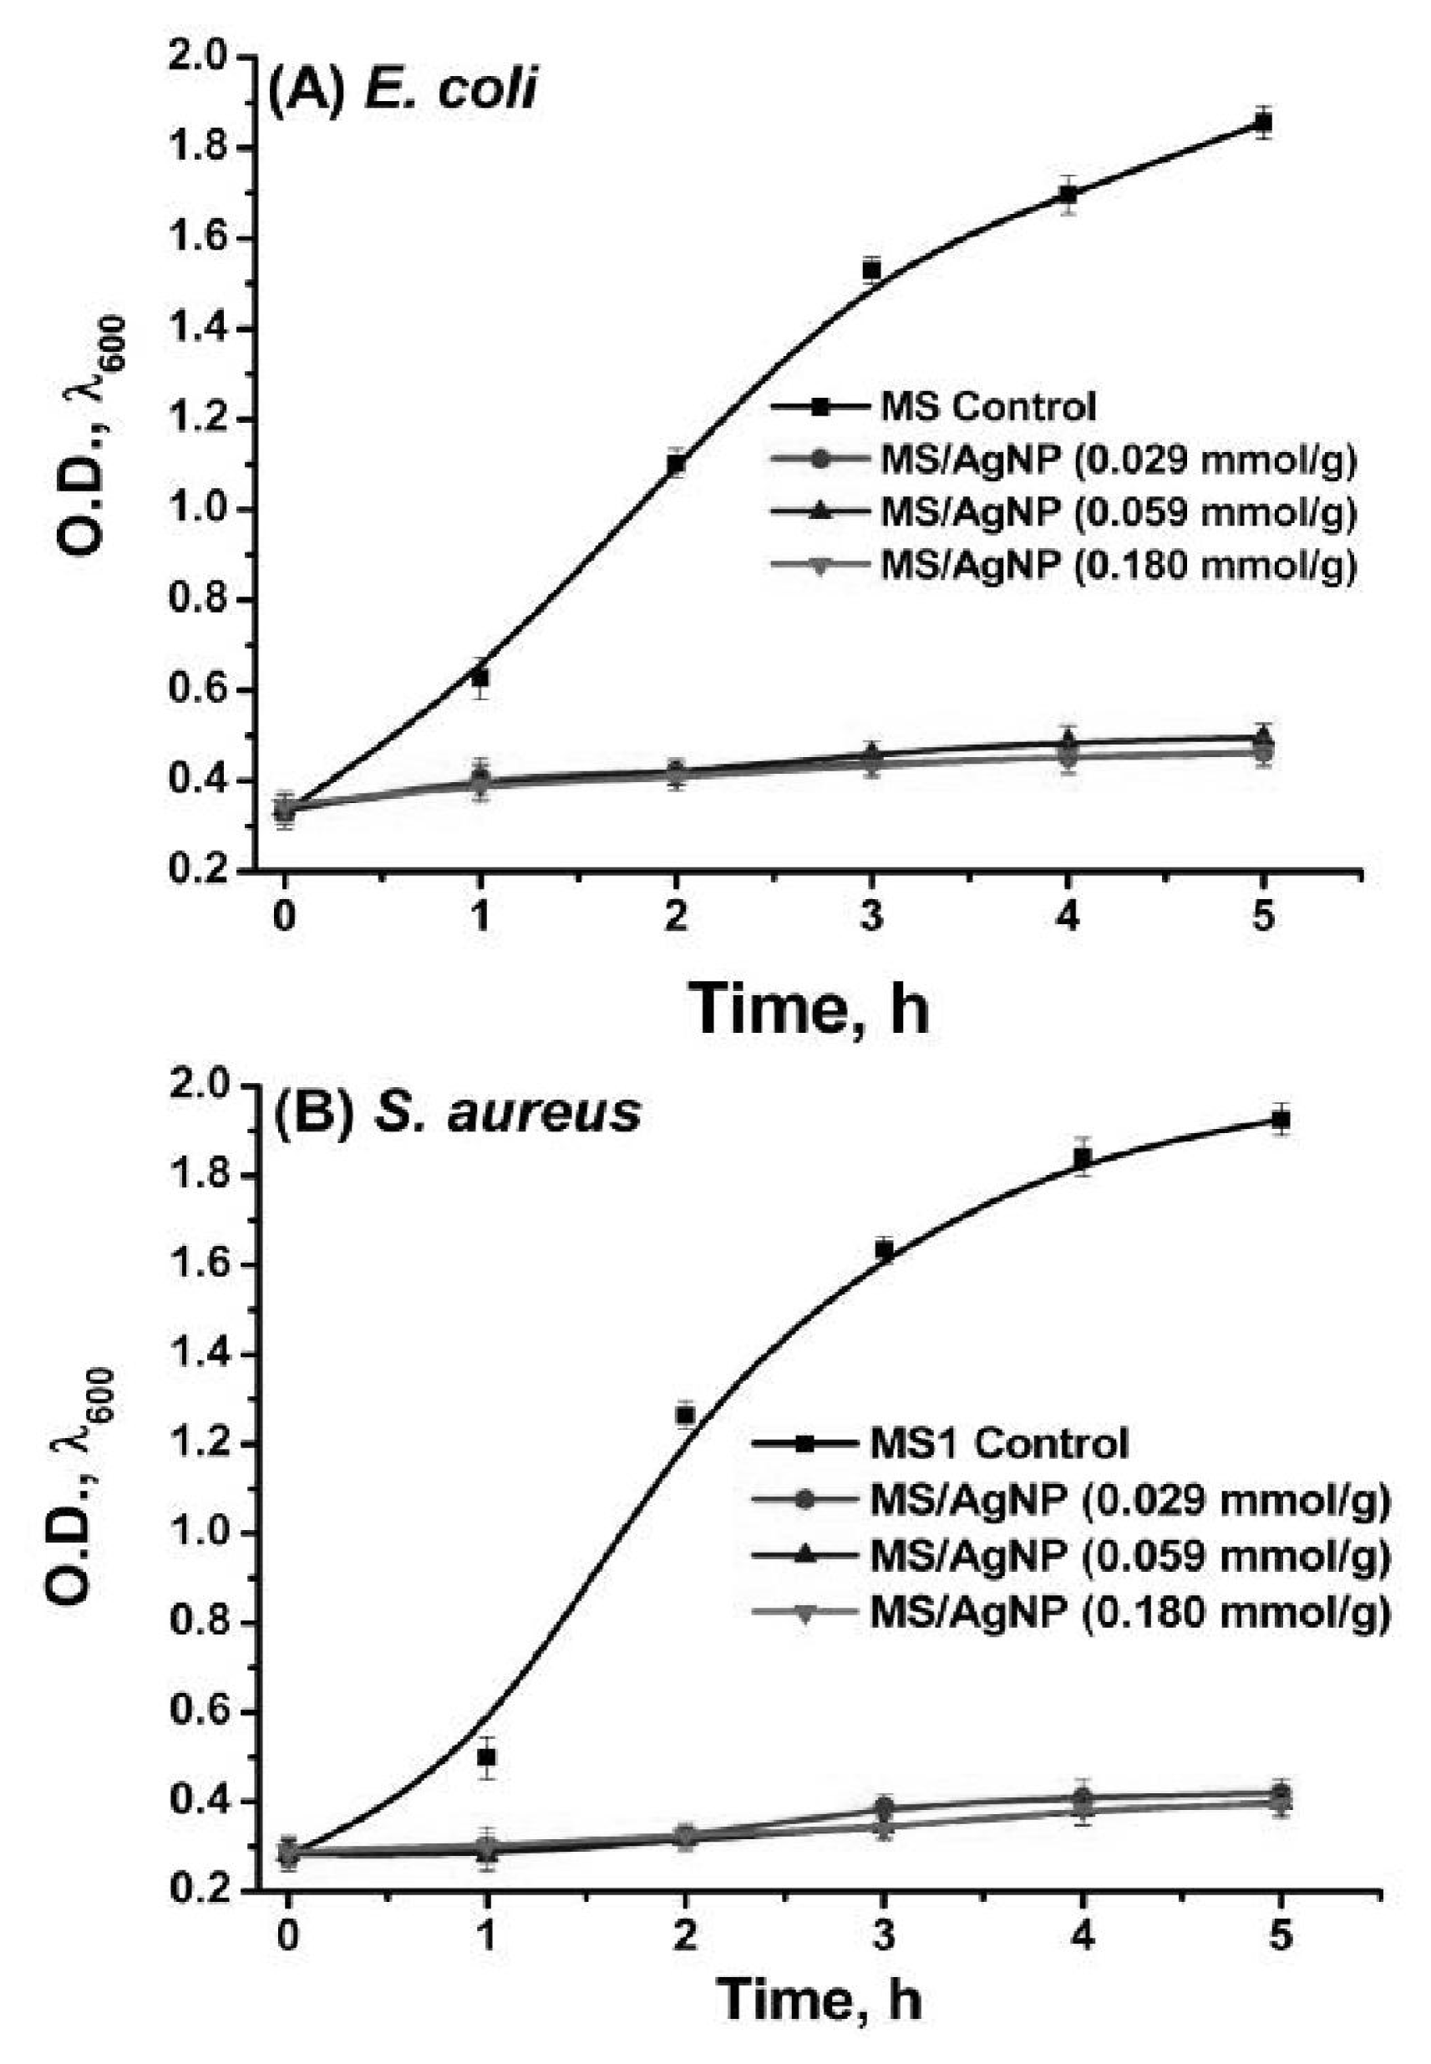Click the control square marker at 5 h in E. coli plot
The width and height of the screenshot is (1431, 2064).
[x=1263, y=123]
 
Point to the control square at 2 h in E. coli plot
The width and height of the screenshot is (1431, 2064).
[x=676, y=464]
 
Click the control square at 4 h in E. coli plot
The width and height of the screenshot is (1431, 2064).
[x=1068, y=195]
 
